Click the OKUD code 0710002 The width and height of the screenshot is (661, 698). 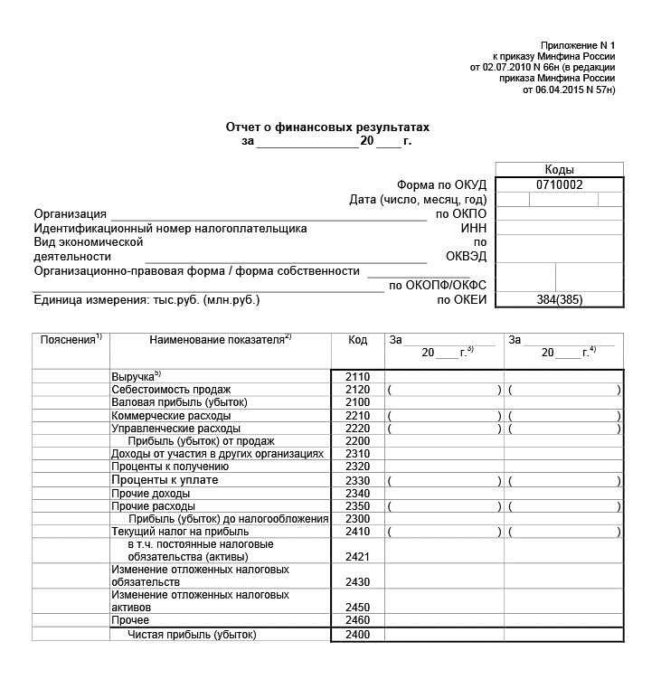coord(560,184)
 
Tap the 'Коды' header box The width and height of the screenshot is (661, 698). coord(559,169)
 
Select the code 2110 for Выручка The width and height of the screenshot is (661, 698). coord(358,376)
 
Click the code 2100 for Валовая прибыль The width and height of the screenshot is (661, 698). coord(358,401)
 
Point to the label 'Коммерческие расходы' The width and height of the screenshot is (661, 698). coord(164,415)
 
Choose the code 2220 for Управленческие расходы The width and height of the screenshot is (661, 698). coord(358,428)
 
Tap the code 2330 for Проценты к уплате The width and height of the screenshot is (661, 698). coord(358,480)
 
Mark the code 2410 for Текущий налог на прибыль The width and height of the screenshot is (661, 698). coord(358,532)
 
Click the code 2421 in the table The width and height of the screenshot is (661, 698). coord(358,557)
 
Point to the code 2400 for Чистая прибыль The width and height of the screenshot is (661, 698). coord(358,635)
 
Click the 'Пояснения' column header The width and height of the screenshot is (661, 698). coord(69,340)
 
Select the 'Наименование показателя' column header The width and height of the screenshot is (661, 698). coord(217,340)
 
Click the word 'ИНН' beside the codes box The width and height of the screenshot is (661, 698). coord(474,229)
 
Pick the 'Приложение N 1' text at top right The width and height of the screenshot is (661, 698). coord(577,45)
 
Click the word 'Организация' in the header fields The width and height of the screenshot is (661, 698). coord(71,214)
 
